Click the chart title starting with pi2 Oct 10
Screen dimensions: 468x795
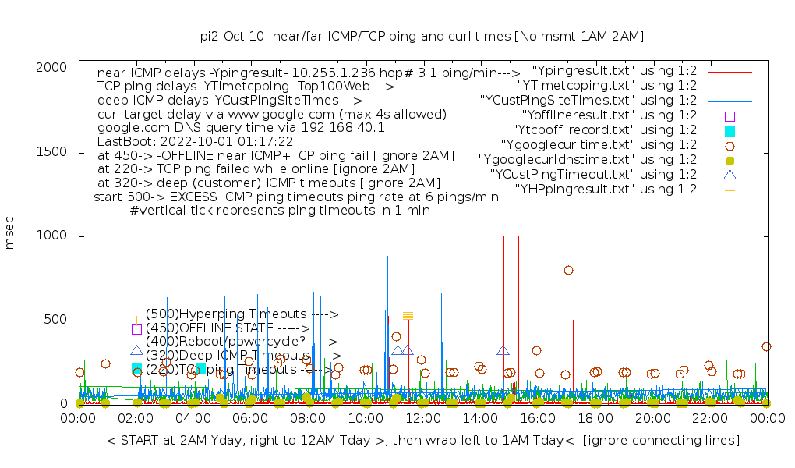[422, 36]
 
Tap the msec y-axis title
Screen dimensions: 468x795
[10, 234]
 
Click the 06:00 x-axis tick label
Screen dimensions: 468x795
[250, 419]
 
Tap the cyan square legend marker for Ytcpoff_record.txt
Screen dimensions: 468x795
[730, 130]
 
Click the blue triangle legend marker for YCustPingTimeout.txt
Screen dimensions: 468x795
[730, 175]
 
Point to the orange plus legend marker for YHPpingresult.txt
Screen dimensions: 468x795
[730, 190]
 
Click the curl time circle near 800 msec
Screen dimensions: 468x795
[568, 271]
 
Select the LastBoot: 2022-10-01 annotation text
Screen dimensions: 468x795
[195, 142]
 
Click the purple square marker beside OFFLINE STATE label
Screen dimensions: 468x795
[136, 329]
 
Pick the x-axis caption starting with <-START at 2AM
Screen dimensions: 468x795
[423, 441]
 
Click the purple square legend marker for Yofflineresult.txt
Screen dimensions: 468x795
[730, 115]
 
